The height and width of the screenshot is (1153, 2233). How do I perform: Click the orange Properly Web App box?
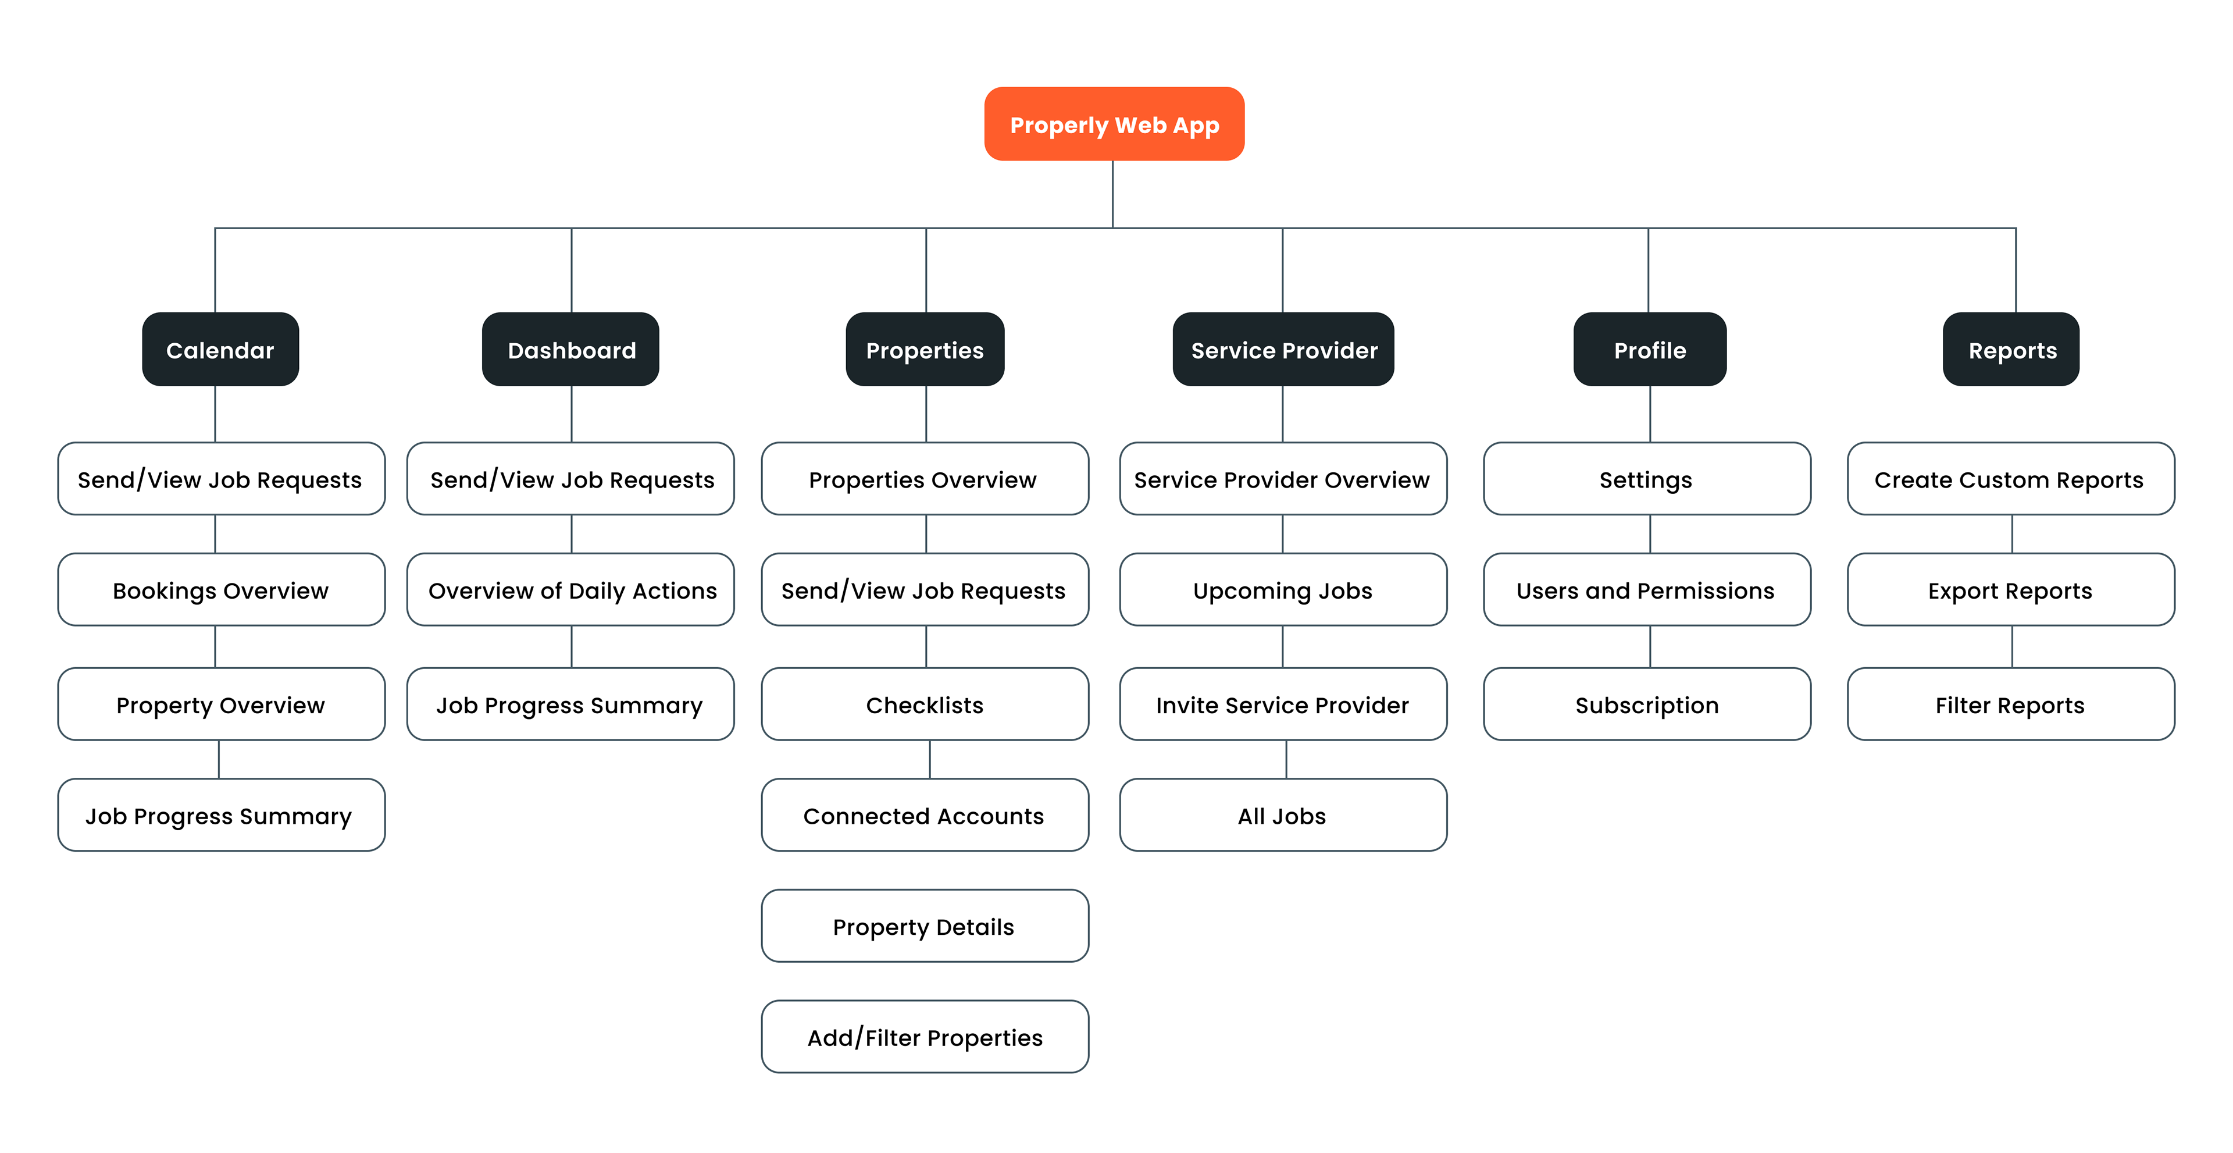click(1114, 124)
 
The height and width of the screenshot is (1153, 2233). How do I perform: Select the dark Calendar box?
click(220, 350)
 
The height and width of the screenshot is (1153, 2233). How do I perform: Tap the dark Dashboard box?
click(570, 350)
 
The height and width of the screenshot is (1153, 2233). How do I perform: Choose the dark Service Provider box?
click(1283, 350)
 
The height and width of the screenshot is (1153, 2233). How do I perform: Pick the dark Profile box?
click(1650, 350)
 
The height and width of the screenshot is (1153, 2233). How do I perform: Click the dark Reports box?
click(2011, 350)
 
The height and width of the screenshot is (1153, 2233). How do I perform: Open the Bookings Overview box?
click(221, 589)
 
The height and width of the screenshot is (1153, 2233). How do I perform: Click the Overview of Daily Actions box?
click(570, 589)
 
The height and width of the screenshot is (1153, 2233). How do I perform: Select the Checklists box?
click(925, 704)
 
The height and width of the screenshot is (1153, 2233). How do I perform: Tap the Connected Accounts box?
click(925, 815)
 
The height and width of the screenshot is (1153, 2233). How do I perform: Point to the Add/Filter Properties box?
click(925, 1037)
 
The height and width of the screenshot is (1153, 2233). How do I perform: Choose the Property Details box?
click(925, 926)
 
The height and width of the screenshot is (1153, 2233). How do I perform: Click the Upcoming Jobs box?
click(1283, 589)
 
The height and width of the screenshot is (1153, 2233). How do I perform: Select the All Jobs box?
click(1283, 815)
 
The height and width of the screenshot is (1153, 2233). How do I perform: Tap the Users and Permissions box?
click(1647, 589)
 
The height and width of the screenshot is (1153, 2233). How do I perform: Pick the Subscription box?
click(1647, 704)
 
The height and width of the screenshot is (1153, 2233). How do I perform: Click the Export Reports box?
click(2011, 589)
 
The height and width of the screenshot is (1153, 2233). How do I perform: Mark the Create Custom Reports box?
click(2011, 479)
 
